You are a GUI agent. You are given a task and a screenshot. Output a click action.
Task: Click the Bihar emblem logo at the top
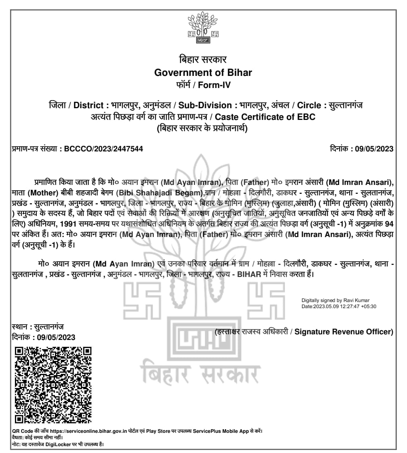[203, 27]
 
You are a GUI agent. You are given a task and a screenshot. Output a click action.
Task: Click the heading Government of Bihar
[203, 73]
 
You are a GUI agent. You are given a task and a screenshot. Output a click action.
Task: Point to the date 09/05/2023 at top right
[374, 149]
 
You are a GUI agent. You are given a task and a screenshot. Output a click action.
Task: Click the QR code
[52, 384]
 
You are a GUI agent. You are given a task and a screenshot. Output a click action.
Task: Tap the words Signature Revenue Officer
[343, 332]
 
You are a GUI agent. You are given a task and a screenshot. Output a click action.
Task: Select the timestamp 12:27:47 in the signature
[352, 306]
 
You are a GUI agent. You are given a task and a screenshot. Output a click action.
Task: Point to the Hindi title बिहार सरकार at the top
[203, 59]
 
